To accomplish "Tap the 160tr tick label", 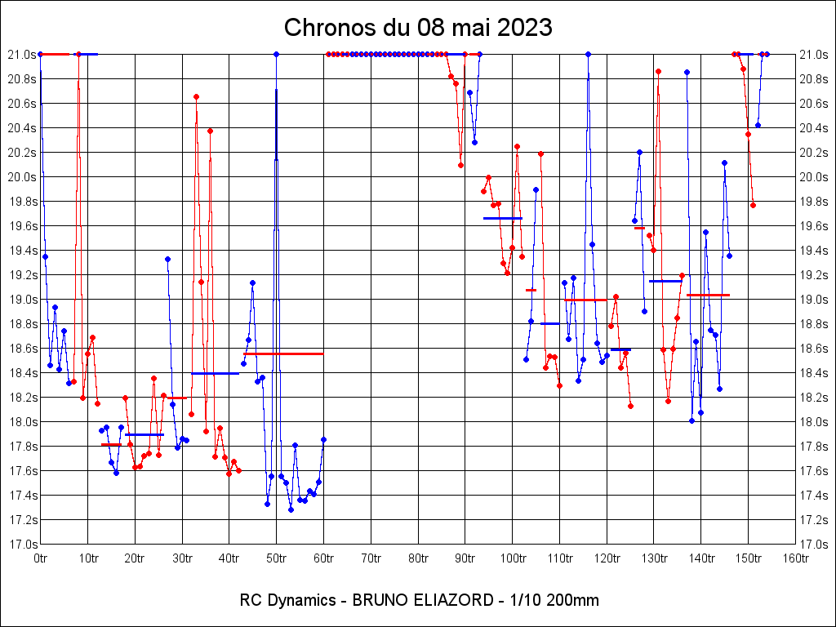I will tap(795, 558).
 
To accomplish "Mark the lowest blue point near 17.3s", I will tap(291, 509).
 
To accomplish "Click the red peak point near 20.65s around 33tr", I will tap(196, 96).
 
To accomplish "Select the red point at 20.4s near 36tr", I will tap(210, 131).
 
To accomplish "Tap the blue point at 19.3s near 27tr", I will tap(167, 259).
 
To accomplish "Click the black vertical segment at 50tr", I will tap(276, 122).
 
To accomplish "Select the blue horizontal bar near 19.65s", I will tap(503, 218).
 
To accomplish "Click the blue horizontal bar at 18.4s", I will tap(215, 373).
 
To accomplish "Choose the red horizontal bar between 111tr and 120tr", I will tap(585, 300).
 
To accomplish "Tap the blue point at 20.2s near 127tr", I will tap(639, 152).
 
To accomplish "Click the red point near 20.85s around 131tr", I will tap(658, 71).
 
